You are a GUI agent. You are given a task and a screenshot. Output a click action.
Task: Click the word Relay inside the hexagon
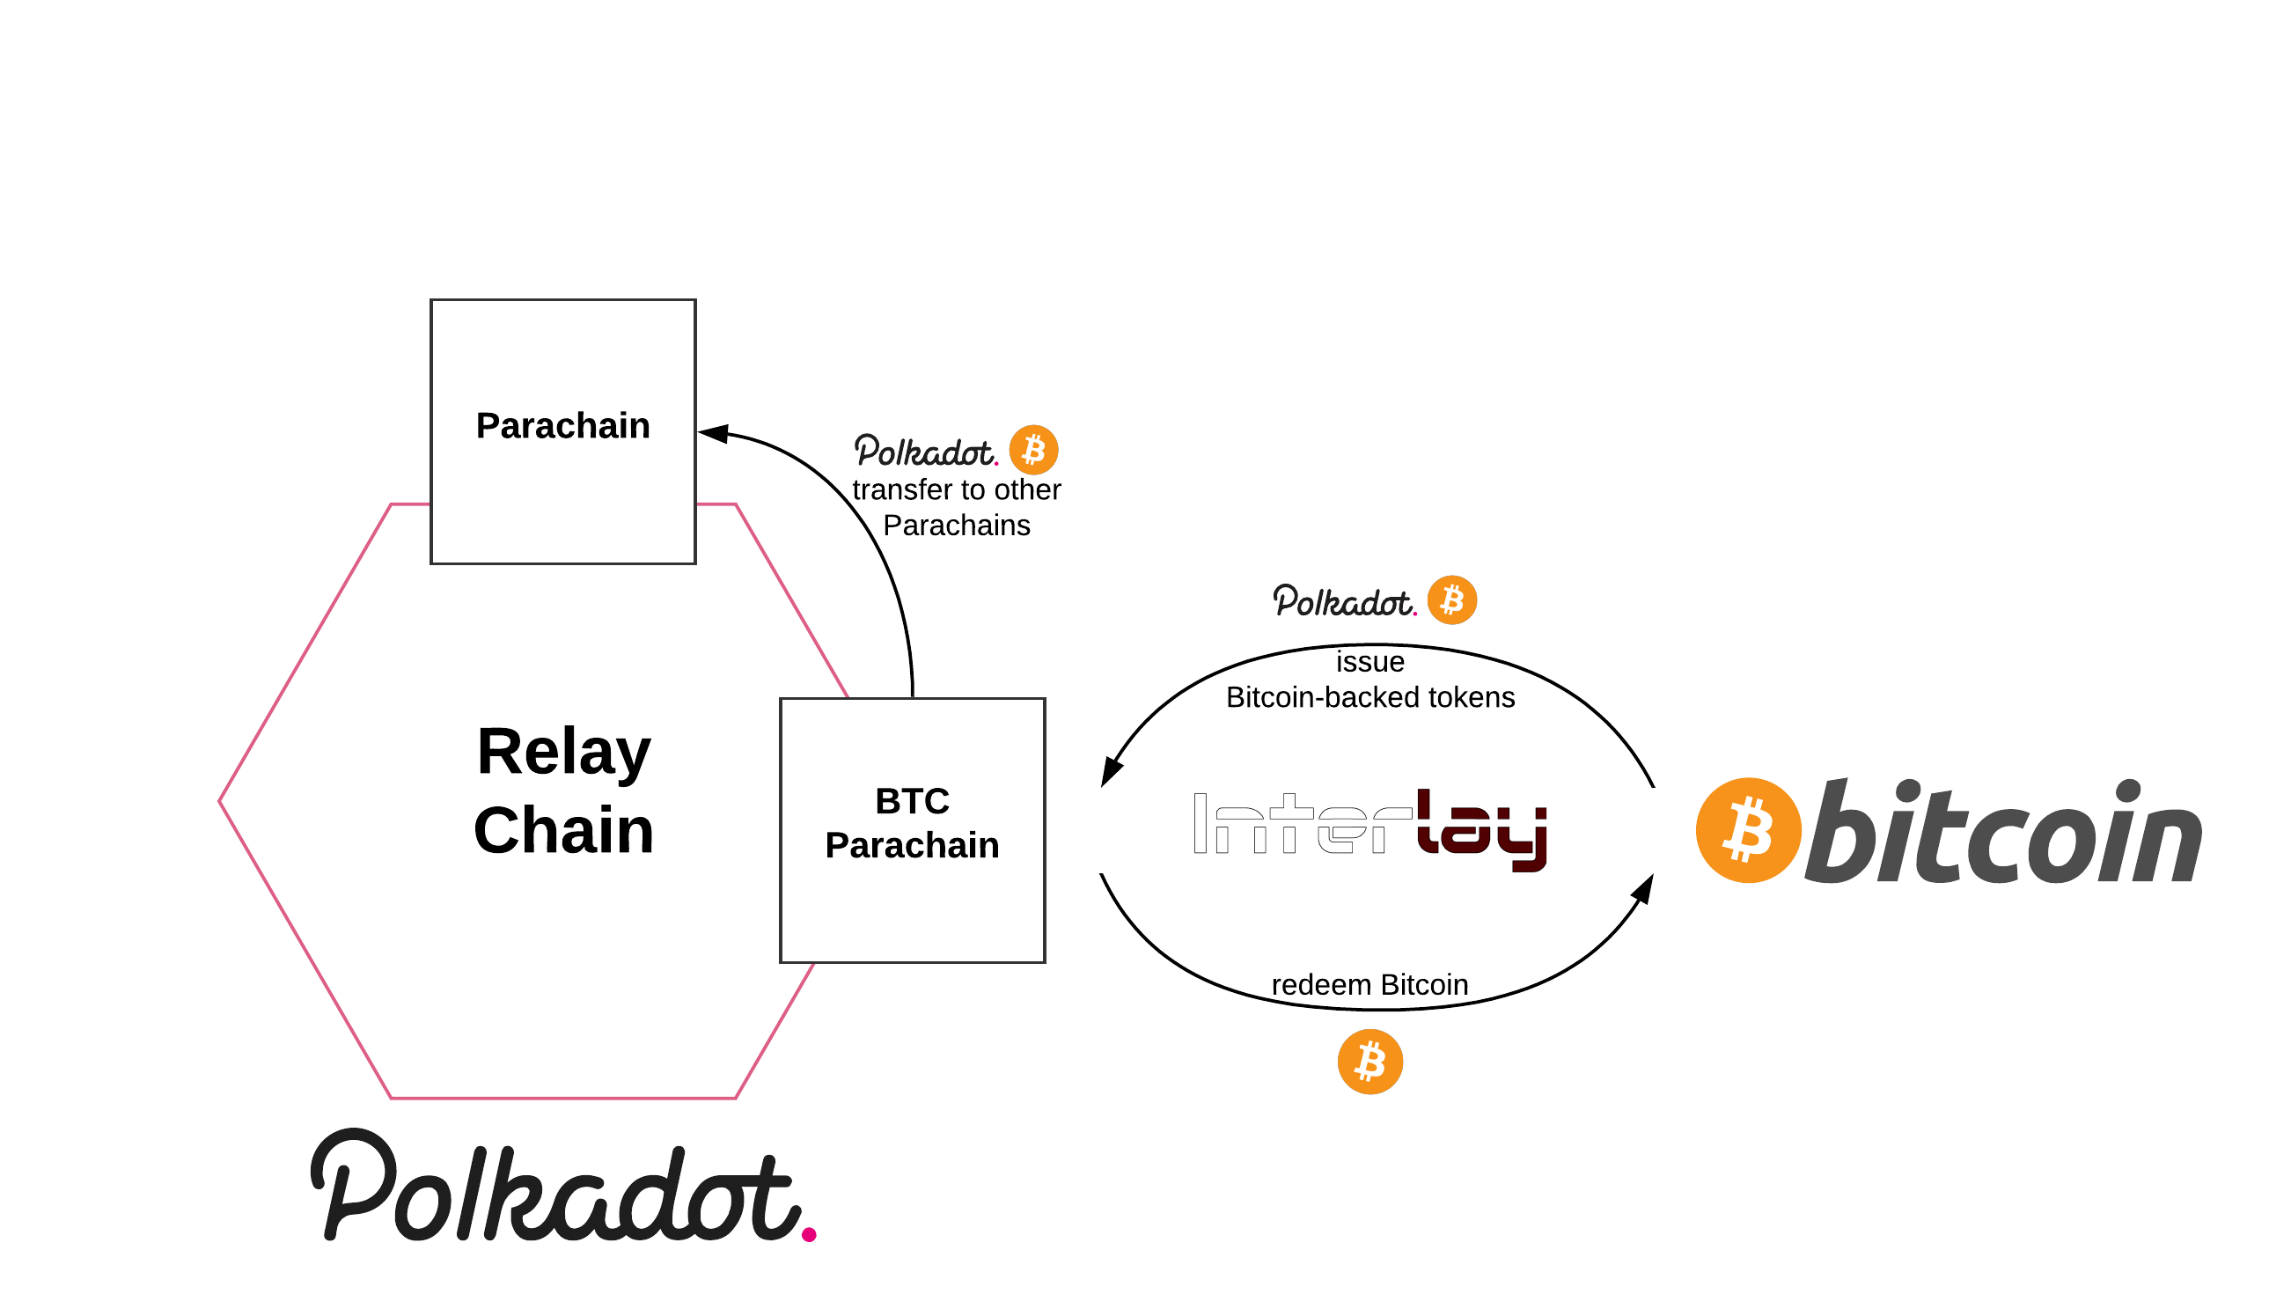563,752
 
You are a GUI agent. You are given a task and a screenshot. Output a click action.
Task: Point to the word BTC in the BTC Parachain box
912,801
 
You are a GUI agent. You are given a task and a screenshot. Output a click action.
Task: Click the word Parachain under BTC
912,845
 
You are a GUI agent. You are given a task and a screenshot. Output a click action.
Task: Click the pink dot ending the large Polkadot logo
809,1234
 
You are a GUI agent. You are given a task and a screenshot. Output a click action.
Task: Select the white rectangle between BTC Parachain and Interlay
1100,830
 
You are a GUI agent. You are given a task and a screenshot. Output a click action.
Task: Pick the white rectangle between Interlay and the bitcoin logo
1653,830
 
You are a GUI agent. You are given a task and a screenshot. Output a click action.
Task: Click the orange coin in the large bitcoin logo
1748,830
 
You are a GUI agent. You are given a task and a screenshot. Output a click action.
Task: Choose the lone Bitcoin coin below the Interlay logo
1369,1062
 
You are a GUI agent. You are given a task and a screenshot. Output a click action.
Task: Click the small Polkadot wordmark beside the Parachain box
925,452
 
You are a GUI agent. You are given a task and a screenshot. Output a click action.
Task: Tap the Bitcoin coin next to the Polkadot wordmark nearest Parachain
1033,450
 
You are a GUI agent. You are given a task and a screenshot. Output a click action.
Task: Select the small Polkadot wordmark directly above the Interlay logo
1343,601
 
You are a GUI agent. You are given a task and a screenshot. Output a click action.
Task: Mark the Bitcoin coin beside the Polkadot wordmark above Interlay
1451,599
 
